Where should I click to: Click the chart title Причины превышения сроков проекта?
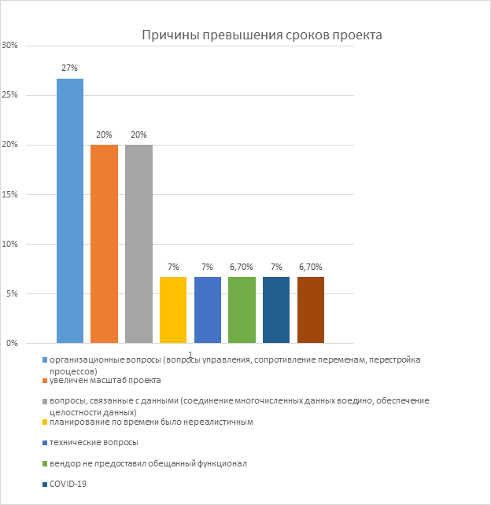tap(261, 35)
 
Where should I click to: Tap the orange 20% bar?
tap(104, 244)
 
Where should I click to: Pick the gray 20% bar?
tap(138, 244)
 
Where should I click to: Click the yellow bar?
tap(173, 310)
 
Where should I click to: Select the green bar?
tap(242, 310)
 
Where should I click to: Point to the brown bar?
tap(311, 310)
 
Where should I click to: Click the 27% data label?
tap(70, 68)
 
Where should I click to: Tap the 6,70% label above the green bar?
tap(242, 267)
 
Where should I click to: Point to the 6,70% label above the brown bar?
tap(311, 267)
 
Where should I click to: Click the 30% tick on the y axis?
tap(10, 46)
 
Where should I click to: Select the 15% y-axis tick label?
tap(10, 194)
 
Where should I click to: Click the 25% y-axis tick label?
tap(10, 95)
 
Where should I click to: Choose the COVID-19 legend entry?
tap(68, 484)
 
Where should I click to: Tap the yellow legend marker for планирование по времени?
tap(44, 422)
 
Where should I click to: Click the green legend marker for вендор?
tap(44, 464)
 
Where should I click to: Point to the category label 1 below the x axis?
tap(190, 355)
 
